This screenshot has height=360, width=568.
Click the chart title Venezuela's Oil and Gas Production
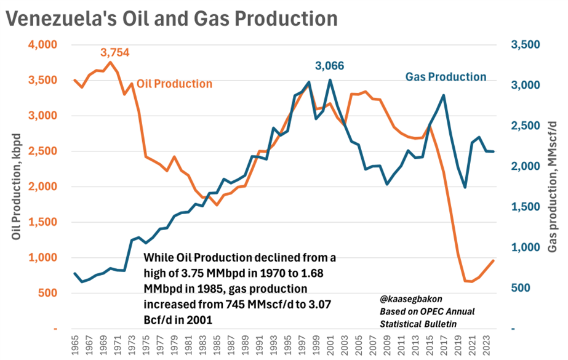tap(172, 18)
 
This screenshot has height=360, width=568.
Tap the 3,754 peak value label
tap(115, 52)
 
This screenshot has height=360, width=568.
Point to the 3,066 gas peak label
tap(329, 66)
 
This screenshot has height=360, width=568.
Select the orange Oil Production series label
tap(174, 84)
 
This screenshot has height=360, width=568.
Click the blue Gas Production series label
tap(446, 77)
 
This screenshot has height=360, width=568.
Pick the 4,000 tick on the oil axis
tap(42, 44)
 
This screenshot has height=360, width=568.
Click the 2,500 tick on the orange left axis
tap(42, 151)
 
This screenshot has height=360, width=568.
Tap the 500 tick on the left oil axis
tap(48, 293)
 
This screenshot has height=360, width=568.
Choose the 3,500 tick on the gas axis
tap(526, 44)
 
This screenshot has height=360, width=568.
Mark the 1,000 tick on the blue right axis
tap(526, 247)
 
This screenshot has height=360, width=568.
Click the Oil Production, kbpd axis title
tap(16, 186)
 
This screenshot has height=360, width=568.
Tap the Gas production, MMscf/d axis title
tap(552, 187)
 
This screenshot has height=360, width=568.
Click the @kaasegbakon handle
tap(411, 299)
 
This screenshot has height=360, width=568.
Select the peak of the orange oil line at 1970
tap(111, 62)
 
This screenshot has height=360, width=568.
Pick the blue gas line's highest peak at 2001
tap(330, 81)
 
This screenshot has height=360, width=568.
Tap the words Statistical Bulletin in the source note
tap(418, 324)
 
